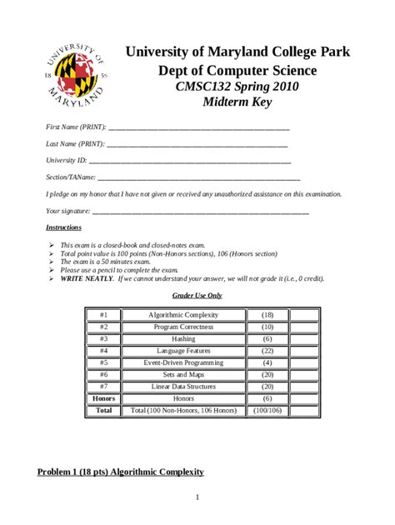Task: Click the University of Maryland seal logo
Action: pyautogui.click(x=72, y=73)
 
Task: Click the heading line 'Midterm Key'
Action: pyautogui.click(x=237, y=102)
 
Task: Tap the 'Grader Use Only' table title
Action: pyautogui.click(x=197, y=295)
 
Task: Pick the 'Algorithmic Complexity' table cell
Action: pyautogui.click(x=183, y=315)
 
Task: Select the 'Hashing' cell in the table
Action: pyautogui.click(x=183, y=339)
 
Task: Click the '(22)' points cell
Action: pyautogui.click(x=267, y=351)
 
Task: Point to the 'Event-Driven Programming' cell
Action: pyautogui.click(x=183, y=362)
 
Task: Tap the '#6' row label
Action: pyautogui.click(x=103, y=375)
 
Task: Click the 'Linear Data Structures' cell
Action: pyautogui.click(x=183, y=387)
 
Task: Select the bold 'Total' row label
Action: pyautogui.click(x=103, y=410)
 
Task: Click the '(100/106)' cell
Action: pyautogui.click(x=267, y=410)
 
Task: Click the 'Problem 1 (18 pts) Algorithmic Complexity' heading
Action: pyautogui.click(x=121, y=472)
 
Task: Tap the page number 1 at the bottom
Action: pyautogui.click(x=197, y=498)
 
